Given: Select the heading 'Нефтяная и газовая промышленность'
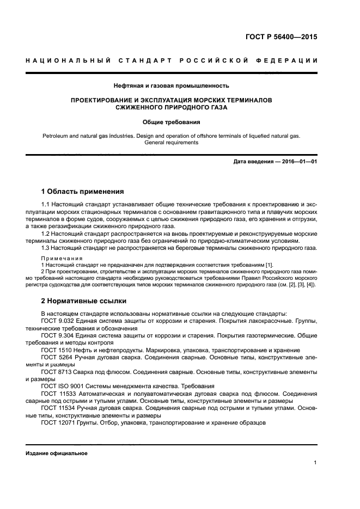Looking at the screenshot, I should coord(171,85).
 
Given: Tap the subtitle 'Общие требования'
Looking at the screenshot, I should coord(171,122).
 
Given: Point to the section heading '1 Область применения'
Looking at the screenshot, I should coord(83,191).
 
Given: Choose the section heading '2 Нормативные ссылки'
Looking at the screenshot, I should coord(83,301).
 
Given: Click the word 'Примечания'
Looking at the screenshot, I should coord(62,258).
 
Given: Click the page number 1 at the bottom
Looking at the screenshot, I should coord(315,463).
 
